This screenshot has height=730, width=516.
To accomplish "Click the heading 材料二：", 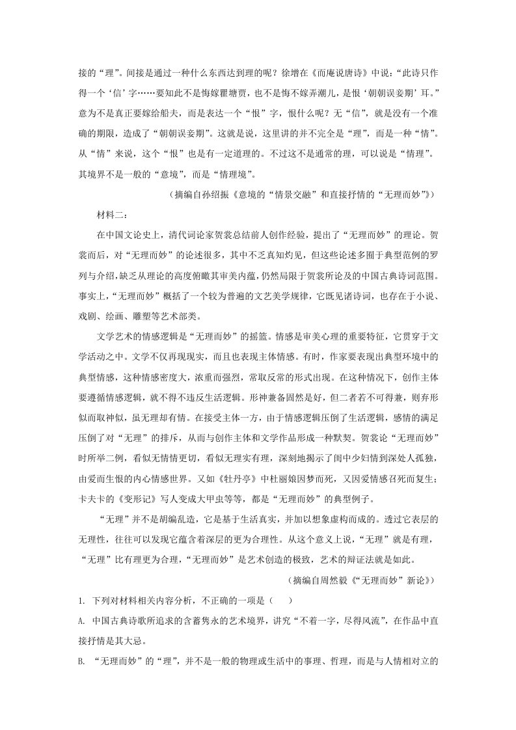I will (113, 215).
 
